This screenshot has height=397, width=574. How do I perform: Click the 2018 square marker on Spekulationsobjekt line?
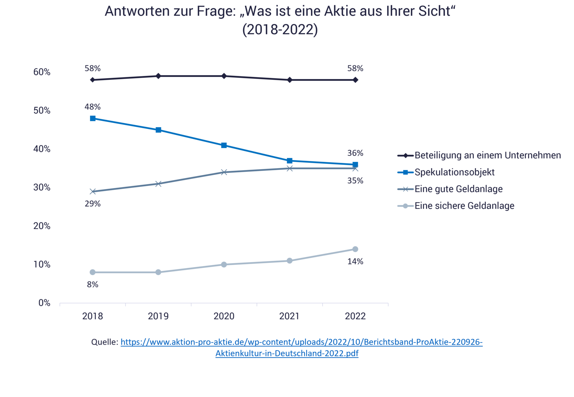(x=93, y=118)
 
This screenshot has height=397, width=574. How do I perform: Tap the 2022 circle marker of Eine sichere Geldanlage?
(x=355, y=249)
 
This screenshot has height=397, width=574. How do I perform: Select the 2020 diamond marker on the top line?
(x=224, y=76)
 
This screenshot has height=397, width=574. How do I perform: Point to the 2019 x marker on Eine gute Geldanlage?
(x=158, y=184)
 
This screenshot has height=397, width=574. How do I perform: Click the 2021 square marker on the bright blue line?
(x=289, y=161)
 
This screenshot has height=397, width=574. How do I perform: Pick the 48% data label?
(x=93, y=107)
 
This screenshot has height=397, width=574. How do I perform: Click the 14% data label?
(x=355, y=262)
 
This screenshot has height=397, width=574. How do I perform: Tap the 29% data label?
(x=93, y=204)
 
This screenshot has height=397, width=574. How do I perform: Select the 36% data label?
(x=355, y=153)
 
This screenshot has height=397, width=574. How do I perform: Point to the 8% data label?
(x=93, y=285)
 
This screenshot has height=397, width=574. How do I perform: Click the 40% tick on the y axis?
(x=42, y=149)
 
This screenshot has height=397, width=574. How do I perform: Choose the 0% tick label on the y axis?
(x=44, y=303)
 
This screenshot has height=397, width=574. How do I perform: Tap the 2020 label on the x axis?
(x=224, y=316)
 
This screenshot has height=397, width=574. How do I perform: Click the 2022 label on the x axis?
(x=355, y=316)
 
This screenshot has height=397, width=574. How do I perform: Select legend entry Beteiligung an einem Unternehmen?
(x=487, y=156)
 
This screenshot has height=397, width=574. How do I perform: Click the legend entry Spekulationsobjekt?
(x=454, y=172)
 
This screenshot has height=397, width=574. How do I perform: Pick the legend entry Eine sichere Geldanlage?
(x=464, y=206)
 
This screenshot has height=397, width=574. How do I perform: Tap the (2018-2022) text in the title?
(x=280, y=29)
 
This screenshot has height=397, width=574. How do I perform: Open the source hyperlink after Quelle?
(x=302, y=342)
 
